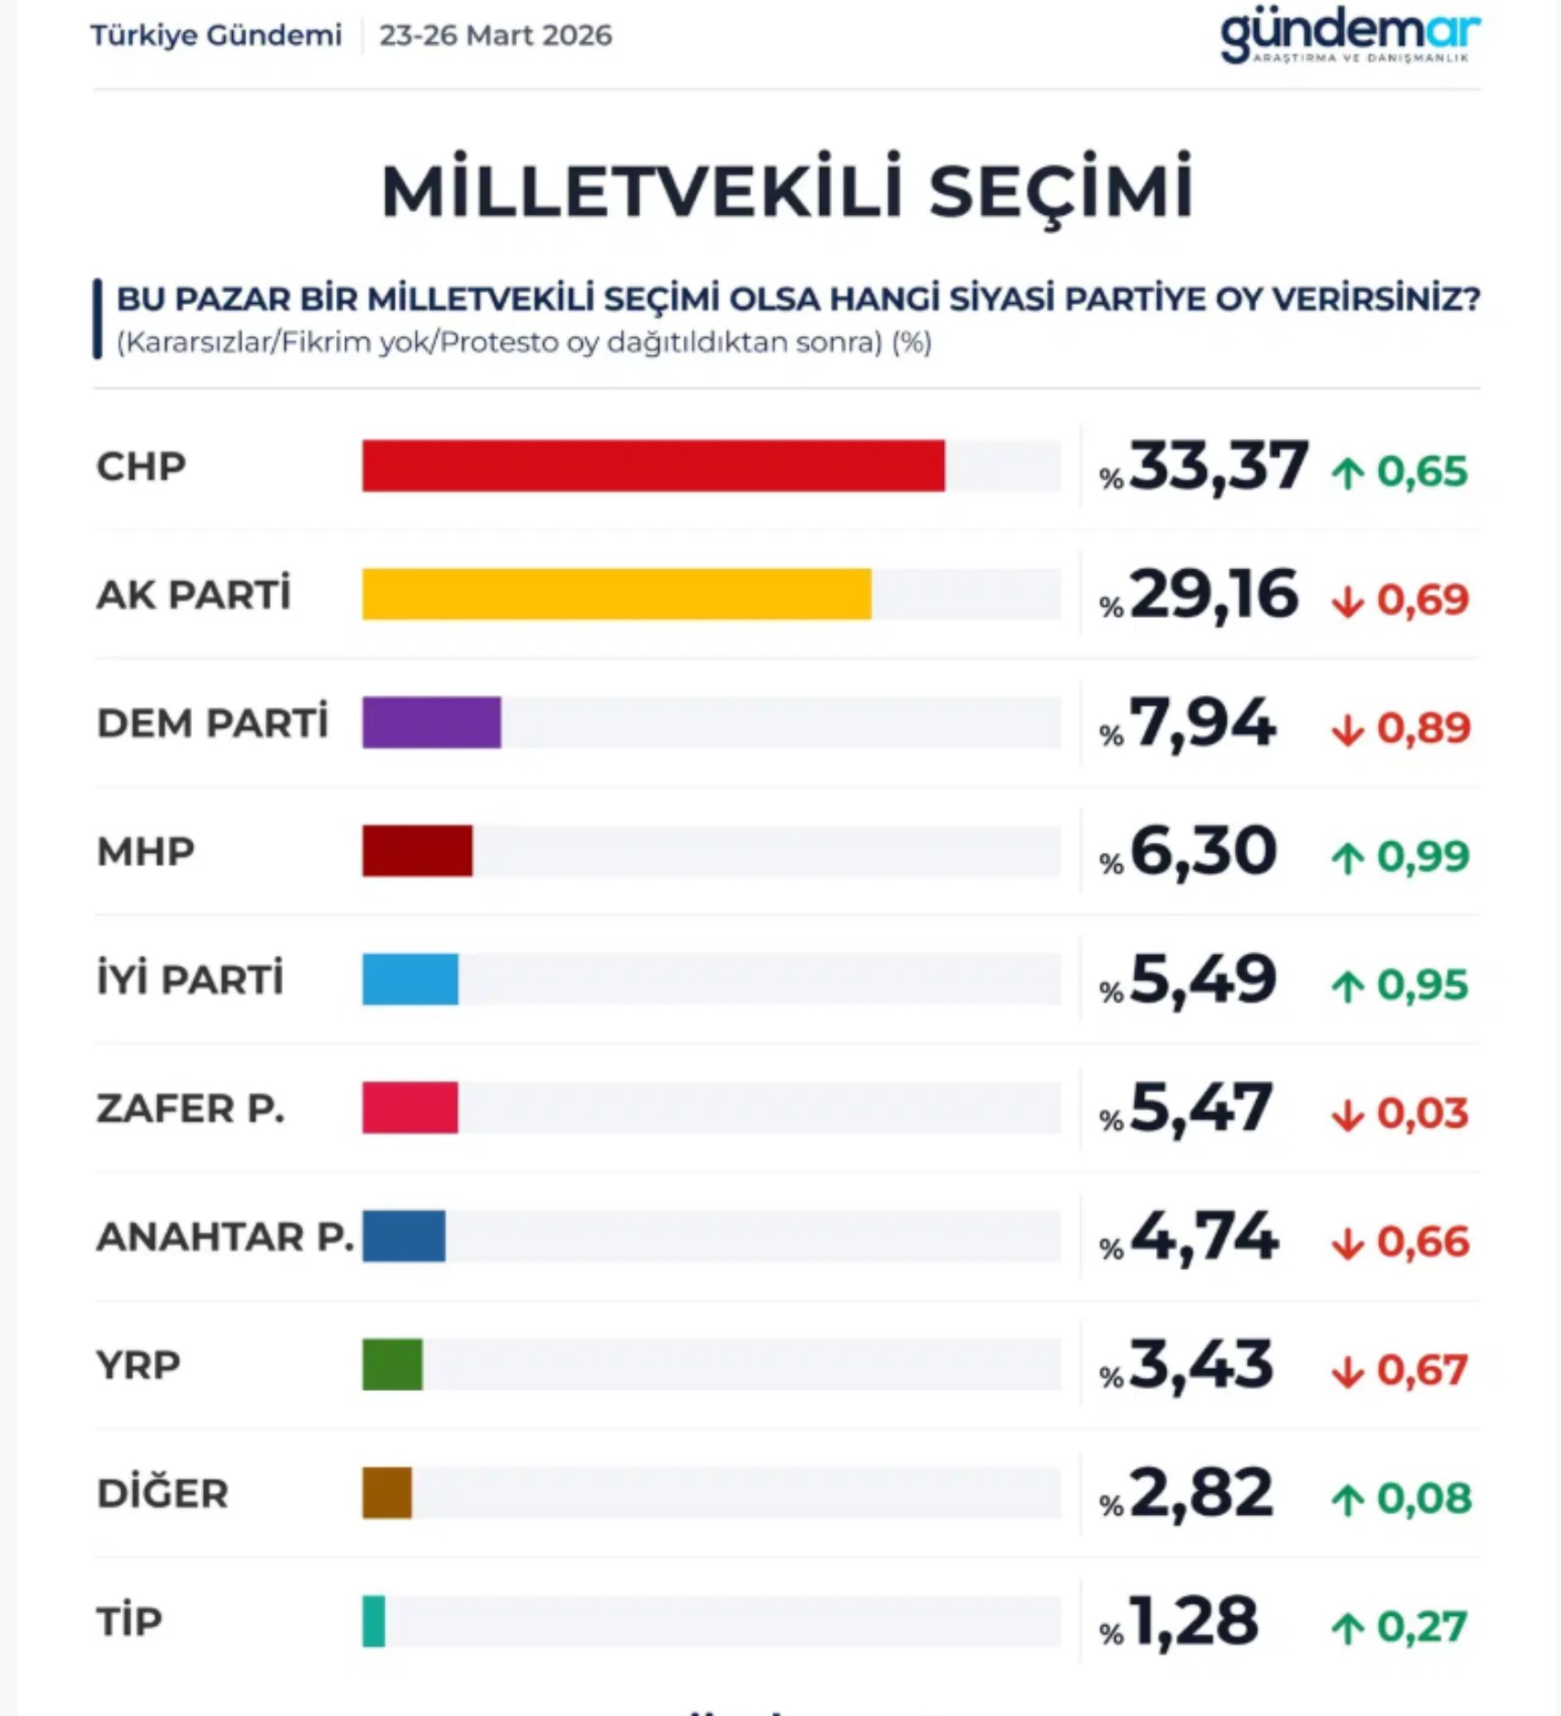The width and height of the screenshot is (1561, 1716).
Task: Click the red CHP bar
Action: (653, 465)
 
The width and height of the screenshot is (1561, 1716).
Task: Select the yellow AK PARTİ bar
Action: (616, 594)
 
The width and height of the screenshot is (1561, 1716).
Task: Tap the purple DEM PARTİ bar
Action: (432, 723)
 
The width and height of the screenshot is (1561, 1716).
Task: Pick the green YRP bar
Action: (392, 1364)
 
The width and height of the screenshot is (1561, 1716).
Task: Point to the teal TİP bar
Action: (374, 1621)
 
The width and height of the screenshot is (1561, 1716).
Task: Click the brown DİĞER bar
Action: (387, 1493)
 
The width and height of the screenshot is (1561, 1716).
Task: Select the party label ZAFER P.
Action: (190, 1108)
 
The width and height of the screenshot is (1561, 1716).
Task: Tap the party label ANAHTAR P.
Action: (225, 1237)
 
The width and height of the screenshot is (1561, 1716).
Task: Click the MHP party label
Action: (145, 851)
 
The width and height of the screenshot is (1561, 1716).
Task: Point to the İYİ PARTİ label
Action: (190, 980)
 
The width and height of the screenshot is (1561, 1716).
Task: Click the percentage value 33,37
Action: (1218, 465)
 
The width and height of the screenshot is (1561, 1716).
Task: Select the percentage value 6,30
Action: (1203, 851)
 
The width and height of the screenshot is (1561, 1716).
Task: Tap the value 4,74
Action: (1204, 1237)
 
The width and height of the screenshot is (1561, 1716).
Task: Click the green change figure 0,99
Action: (1422, 857)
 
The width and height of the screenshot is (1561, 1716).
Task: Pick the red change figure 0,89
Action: (1422, 728)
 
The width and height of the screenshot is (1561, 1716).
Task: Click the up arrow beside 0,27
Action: (1347, 1629)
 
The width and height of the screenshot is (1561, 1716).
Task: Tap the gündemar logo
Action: (1349, 35)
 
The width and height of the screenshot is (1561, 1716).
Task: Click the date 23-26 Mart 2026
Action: (495, 35)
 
